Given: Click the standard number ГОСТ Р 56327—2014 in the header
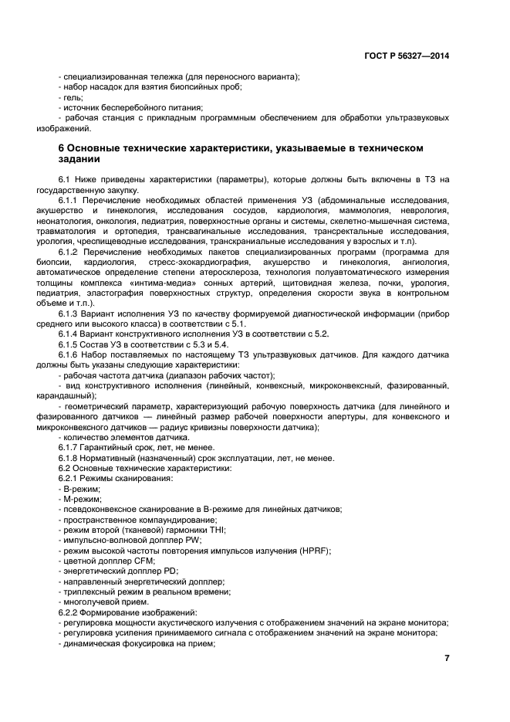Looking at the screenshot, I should click(407, 56).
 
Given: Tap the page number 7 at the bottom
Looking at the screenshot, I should click(447, 658).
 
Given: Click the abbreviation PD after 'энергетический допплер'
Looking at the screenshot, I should click(167, 571).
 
